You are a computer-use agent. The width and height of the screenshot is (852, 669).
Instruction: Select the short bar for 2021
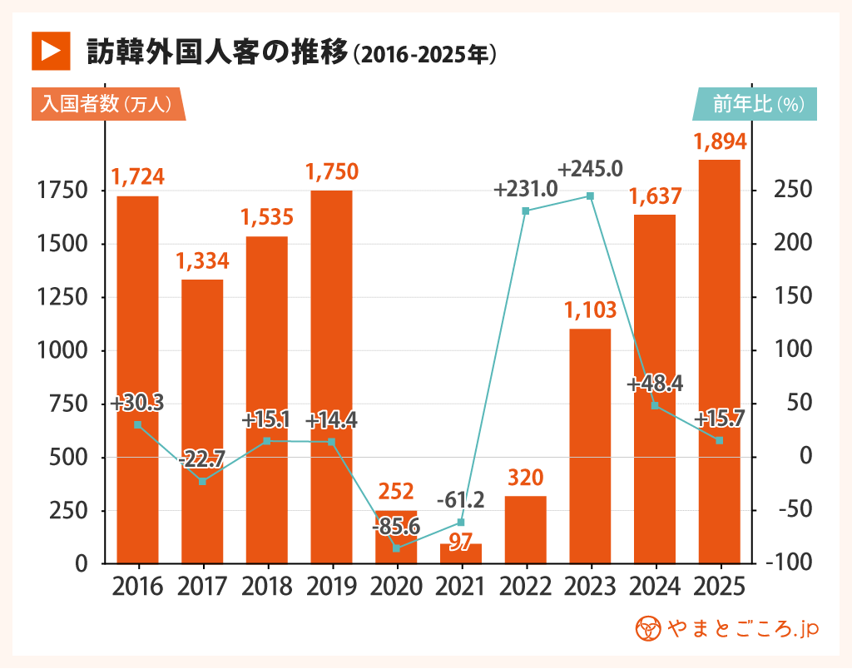point(460,553)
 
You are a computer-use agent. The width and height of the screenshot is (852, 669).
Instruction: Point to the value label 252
point(396,491)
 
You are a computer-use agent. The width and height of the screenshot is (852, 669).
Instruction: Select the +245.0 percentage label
point(590,169)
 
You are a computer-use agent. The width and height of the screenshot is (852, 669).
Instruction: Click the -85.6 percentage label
point(396,527)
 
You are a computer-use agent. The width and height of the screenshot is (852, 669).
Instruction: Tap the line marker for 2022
point(525,211)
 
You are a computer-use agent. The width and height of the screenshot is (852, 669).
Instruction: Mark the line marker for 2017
point(202,481)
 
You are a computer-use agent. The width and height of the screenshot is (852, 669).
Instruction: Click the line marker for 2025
point(719,440)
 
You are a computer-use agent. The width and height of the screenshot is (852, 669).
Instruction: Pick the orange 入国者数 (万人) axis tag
point(106,104)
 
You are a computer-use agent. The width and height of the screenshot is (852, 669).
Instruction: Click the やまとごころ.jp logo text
point(727,629)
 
